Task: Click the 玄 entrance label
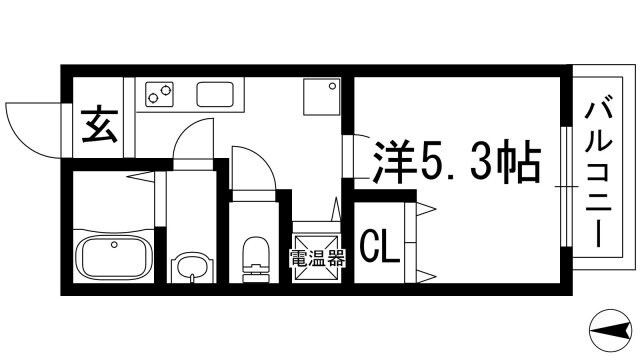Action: tap(97, 128)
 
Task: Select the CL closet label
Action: tap(380, 246)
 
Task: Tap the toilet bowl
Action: tap(256, 254)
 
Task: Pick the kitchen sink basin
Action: tap(215, 94)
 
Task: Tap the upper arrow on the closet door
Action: tap(425, 209)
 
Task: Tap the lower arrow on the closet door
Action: tap(425, 273)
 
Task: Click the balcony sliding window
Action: tap(566, 184)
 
